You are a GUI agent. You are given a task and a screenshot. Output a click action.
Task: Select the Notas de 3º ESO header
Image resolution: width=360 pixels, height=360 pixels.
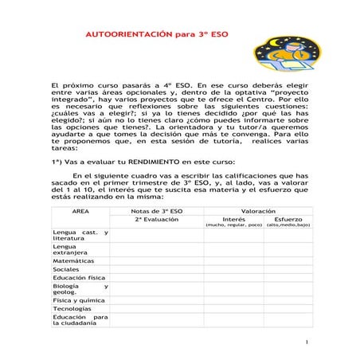(157, 210)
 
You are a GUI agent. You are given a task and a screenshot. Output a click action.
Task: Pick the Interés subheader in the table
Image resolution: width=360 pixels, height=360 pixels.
(233, 219)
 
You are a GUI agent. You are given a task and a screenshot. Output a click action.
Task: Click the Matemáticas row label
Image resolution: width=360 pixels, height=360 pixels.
(73, 260)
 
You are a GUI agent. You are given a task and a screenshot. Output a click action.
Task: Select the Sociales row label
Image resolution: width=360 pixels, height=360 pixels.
(66, 269)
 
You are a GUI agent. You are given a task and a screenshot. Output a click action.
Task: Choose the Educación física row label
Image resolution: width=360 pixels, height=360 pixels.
(79, 278)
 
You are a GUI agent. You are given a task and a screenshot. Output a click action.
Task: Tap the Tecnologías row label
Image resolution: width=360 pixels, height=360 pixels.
(72, 308)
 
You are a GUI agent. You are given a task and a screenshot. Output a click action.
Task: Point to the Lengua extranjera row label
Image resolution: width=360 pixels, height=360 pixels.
(68, 250)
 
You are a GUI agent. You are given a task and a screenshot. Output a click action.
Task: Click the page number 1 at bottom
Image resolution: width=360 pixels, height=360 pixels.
(306, 342)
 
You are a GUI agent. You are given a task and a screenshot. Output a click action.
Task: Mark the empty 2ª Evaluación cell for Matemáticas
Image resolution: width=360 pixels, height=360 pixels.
(157, 260)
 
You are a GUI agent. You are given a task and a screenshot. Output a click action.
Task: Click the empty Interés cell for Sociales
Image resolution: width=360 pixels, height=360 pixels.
(233, 269)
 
